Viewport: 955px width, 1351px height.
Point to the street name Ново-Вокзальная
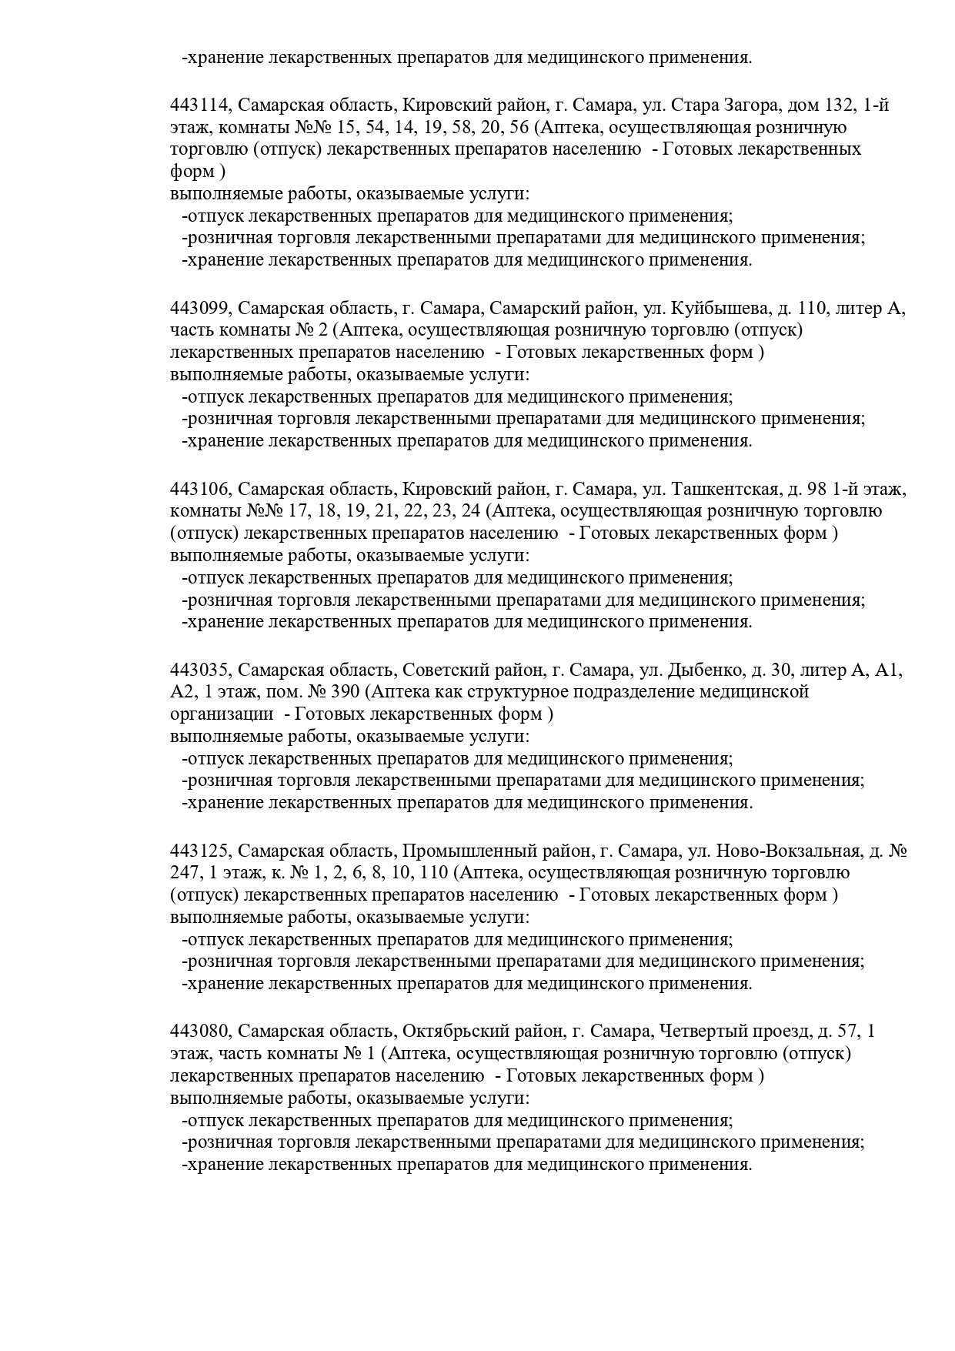coord(787,851)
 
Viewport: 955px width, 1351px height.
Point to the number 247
coord(183,873)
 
